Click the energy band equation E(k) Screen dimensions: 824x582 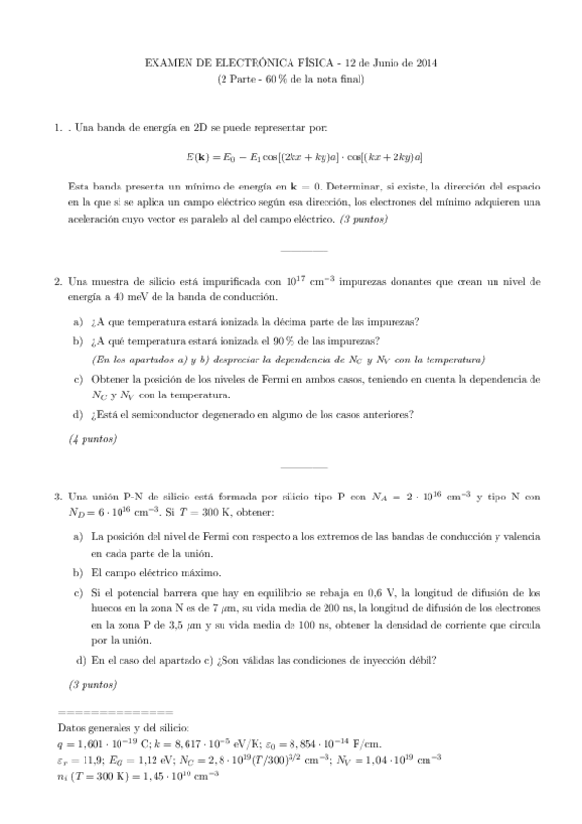(x=291, y=156)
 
